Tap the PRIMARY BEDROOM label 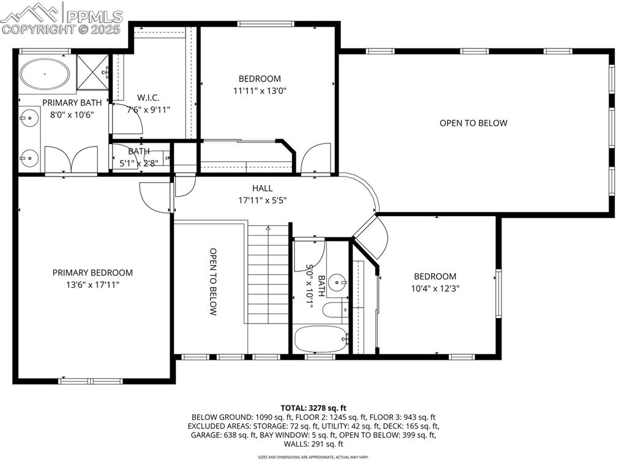(x=92, y=273)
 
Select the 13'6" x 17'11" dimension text (x=92, y=284)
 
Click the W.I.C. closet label (x=149, y=97)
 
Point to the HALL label (x=262, y=188)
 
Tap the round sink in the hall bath (x=336, y=283)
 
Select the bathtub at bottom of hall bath (x=320, y=338)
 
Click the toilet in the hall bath (x=334, y=309)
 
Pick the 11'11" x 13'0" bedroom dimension (x=260, y=91)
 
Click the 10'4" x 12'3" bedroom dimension (x=435, y=289)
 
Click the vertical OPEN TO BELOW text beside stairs (x=213, y=281)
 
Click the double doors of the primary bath (x=72, y=160)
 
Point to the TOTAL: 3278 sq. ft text (x=313, y=407)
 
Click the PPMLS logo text (x=93, y=17)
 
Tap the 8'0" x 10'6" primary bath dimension (x=72, y=115)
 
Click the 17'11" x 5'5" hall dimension (x=262, y=200)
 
